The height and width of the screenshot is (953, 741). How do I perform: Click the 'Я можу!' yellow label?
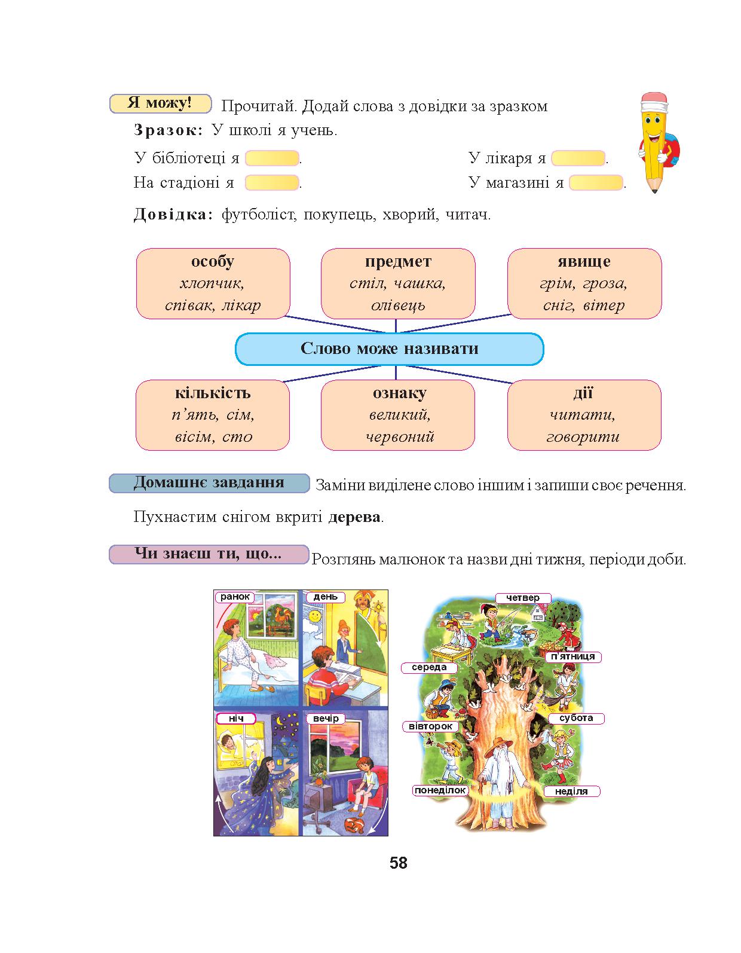click(160, 103)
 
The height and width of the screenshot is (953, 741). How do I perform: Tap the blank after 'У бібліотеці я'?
click(272, 158)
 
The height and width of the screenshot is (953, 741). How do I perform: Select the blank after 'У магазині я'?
click(596, 182)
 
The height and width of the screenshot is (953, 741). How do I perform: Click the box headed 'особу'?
click(213, 283)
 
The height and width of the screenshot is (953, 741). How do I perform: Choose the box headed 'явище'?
click(584, 283)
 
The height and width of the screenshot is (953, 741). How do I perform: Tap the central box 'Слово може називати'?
click(389, 349)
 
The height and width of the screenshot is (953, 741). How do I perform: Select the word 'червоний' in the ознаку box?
click(400, 436)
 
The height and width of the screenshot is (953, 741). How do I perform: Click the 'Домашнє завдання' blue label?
click(209, 483)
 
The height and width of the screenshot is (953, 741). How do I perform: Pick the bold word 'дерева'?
click(354, 517)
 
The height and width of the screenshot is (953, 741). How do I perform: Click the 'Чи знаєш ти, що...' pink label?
click(209, 554)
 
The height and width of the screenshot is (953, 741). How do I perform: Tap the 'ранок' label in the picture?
click(235, 597)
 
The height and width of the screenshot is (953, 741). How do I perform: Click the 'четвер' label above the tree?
click(523, 598)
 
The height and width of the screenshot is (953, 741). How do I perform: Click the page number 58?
click(399, 863)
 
